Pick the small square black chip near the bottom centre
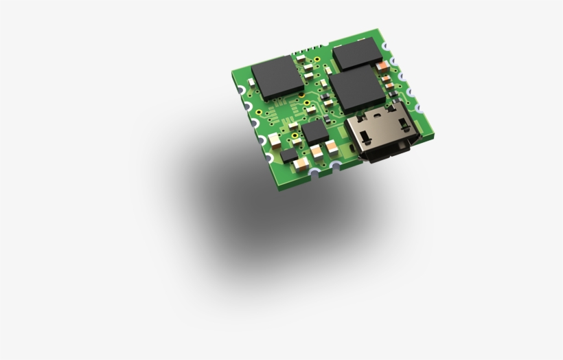(315, 131)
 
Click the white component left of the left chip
(251, 83)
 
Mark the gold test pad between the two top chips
(318, 59)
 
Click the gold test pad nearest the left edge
(257, 112)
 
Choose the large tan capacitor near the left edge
(275, 140)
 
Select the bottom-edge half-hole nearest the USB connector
(336, 166)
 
